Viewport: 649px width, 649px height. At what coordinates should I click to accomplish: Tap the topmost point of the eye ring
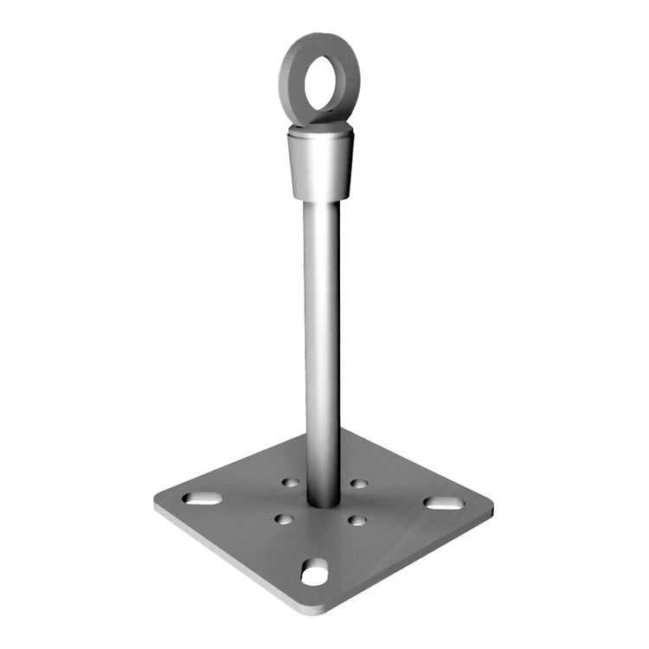[x=320, y=34]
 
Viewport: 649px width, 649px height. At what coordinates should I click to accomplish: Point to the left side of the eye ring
[x=286, y=82]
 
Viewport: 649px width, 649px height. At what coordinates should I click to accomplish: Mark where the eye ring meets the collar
[x=319, y=128]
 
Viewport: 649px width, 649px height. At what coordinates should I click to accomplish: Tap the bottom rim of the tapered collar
[x=319, y=199]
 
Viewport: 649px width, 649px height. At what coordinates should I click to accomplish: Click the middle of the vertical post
[x=321, y=346]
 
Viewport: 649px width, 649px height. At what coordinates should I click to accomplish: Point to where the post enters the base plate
[x=322, y=502]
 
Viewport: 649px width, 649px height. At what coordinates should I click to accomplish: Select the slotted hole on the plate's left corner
[x=200, y=498]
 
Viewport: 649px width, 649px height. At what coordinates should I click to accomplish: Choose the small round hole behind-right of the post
[x=357, y=483]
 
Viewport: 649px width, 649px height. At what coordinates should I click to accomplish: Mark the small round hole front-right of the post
[x=356, y=520]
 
